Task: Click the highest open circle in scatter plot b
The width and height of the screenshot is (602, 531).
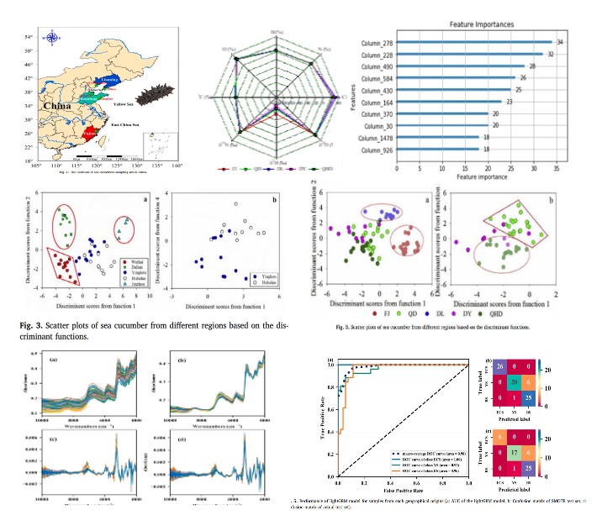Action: click(236, 203)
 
